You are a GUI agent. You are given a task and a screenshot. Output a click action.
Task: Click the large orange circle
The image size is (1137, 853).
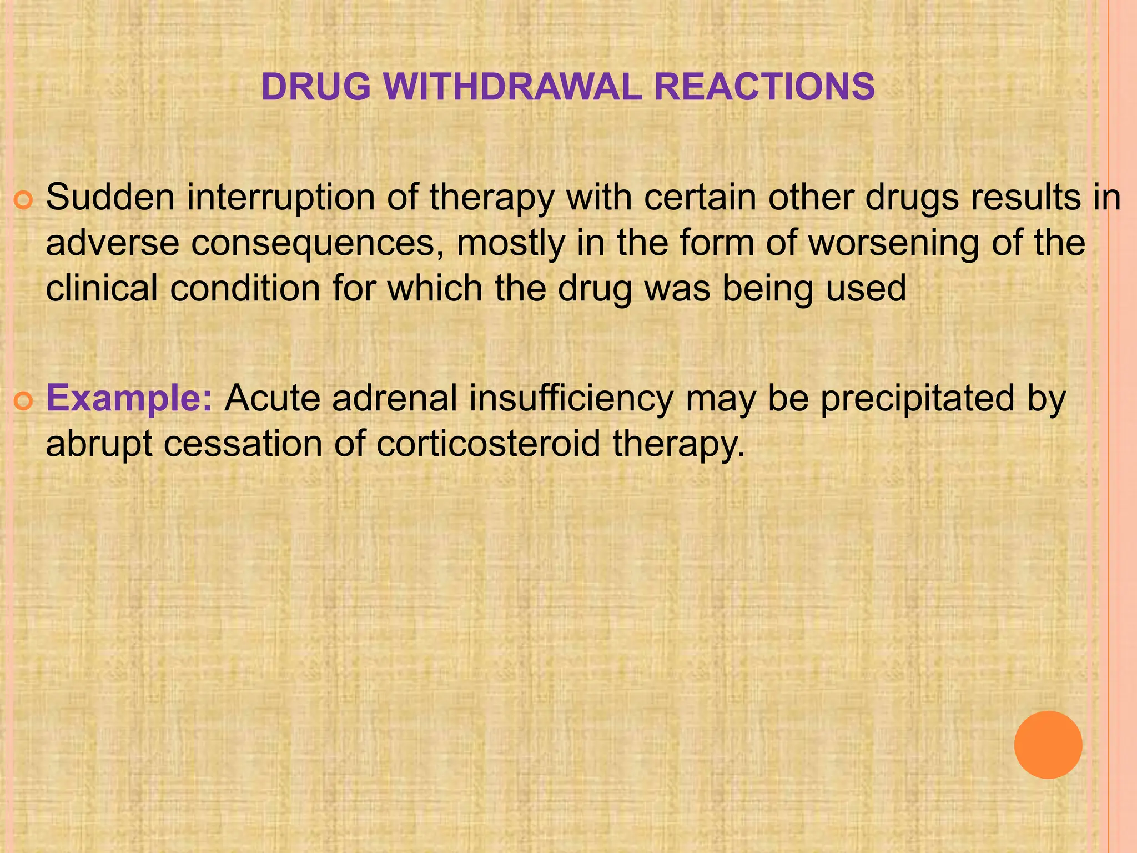click(1048, 745)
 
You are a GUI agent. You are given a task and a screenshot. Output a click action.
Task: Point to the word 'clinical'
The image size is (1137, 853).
click(102, 289)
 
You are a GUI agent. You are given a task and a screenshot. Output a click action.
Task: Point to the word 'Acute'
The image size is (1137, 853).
click(272, 398)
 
